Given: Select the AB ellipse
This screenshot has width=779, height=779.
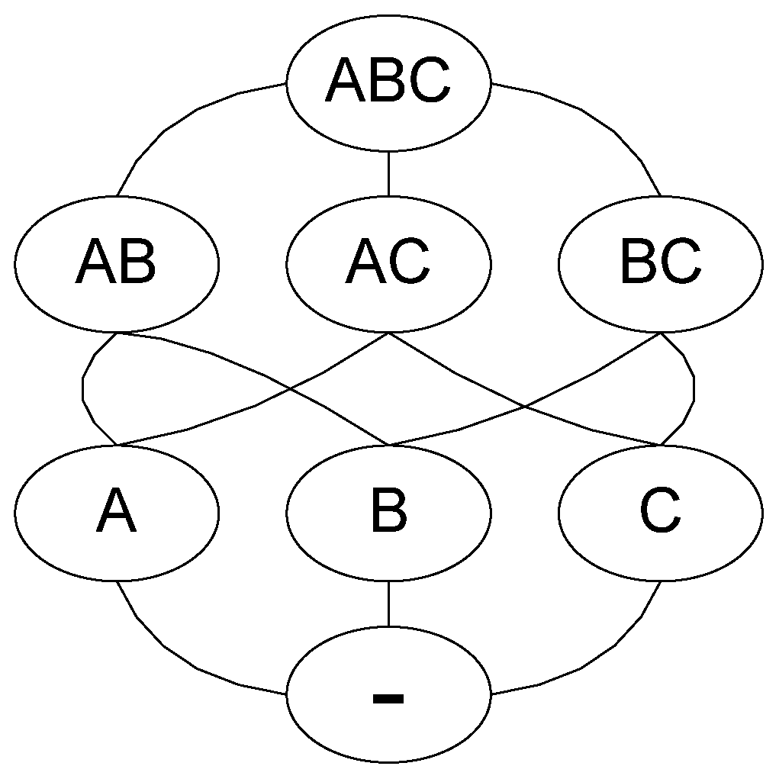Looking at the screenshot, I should coord(117,263).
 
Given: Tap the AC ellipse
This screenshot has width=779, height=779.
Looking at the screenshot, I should coord(388,263).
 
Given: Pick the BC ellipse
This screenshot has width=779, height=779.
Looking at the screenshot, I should coord(661,263).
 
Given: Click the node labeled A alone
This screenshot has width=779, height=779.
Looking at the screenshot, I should coord(117,513).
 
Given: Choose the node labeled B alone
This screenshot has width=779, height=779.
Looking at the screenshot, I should coord(388,513).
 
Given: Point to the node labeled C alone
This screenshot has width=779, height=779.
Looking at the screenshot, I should coord(661,513).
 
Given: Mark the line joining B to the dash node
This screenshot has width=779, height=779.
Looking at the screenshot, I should coord(388,604).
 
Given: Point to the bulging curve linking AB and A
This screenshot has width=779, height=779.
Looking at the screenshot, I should coord(82,389).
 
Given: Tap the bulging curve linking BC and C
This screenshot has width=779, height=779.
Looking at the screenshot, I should coord(694,389).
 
